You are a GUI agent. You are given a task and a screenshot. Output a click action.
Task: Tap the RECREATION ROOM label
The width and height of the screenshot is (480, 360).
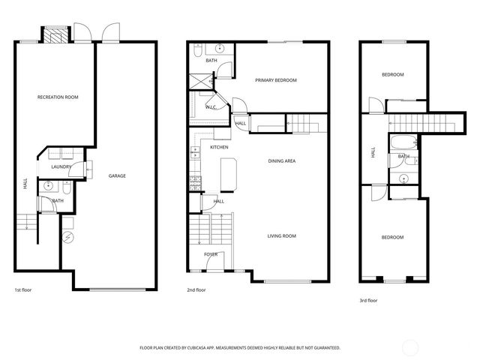(58, 97)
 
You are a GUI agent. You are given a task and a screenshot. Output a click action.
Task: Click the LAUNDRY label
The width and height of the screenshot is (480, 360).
(61, 167)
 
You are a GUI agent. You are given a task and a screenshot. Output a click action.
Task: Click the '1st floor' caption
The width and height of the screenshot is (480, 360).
(22, 289)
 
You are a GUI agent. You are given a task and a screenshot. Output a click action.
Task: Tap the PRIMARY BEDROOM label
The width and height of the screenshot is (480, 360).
(275, 80)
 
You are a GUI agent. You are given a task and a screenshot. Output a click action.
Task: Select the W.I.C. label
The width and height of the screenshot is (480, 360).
(211, 108)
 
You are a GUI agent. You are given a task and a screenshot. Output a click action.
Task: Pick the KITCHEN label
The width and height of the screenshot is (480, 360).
(218, 147)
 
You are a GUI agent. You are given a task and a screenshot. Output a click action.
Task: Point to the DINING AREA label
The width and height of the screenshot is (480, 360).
(281, 161)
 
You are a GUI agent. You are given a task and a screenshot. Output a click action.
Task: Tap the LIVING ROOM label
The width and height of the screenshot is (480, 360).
(281, 236)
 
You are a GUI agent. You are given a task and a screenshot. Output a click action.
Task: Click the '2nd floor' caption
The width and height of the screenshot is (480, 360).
(196, 289)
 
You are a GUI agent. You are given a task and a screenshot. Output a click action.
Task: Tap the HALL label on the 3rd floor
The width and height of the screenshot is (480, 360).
(372, 152)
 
